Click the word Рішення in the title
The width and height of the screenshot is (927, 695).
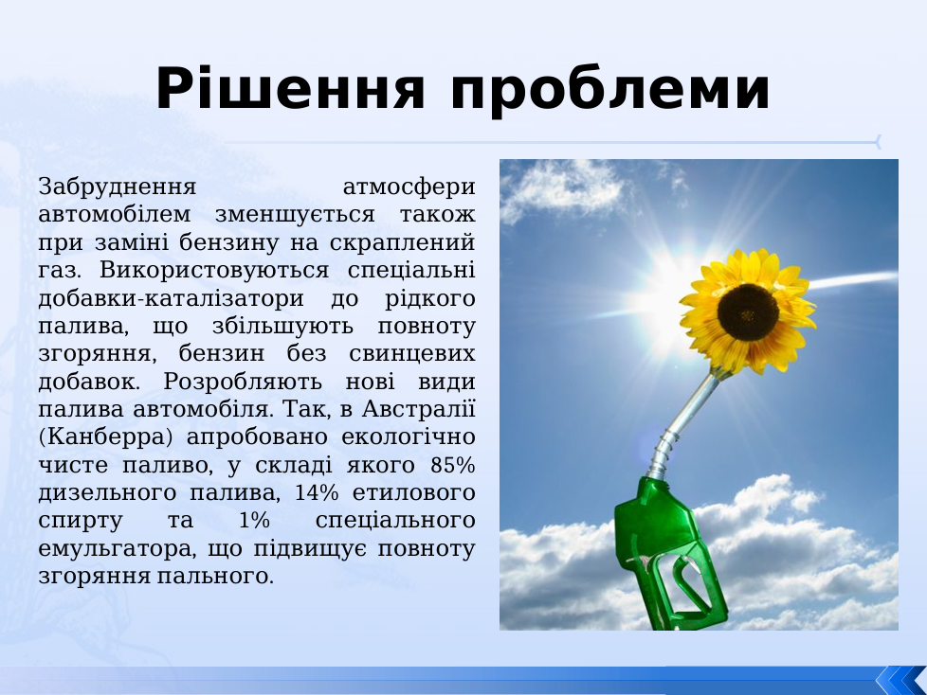coord(290,88)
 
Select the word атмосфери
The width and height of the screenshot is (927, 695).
coord(409,187)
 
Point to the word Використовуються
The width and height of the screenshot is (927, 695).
coord(214,271)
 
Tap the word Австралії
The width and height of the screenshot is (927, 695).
coord(419,409)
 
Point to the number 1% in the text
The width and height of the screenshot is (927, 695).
coord(255,521)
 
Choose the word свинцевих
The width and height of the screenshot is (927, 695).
coord(412,354)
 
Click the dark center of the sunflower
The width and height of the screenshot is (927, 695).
coord(748,312)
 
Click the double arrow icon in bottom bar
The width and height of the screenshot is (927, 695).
coord(901,680)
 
